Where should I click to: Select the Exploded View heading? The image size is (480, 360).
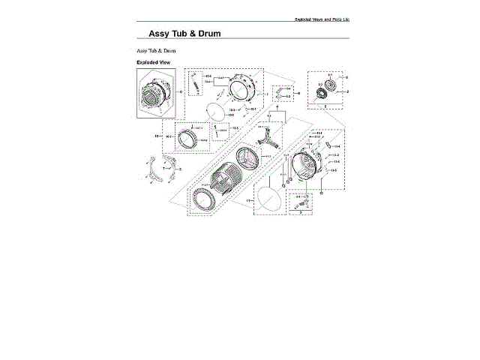click(154, 62)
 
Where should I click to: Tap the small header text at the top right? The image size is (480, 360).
click(320, 19)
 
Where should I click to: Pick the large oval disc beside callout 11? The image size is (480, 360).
click(269, 198)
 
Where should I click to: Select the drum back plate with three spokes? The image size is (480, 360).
click(248, 160)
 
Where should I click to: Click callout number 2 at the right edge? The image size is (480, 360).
click(347, 91)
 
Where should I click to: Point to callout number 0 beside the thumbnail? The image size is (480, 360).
click(181, 91)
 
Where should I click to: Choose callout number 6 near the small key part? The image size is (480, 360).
click(298, 93)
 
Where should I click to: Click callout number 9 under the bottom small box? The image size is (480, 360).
click(301, 213)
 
